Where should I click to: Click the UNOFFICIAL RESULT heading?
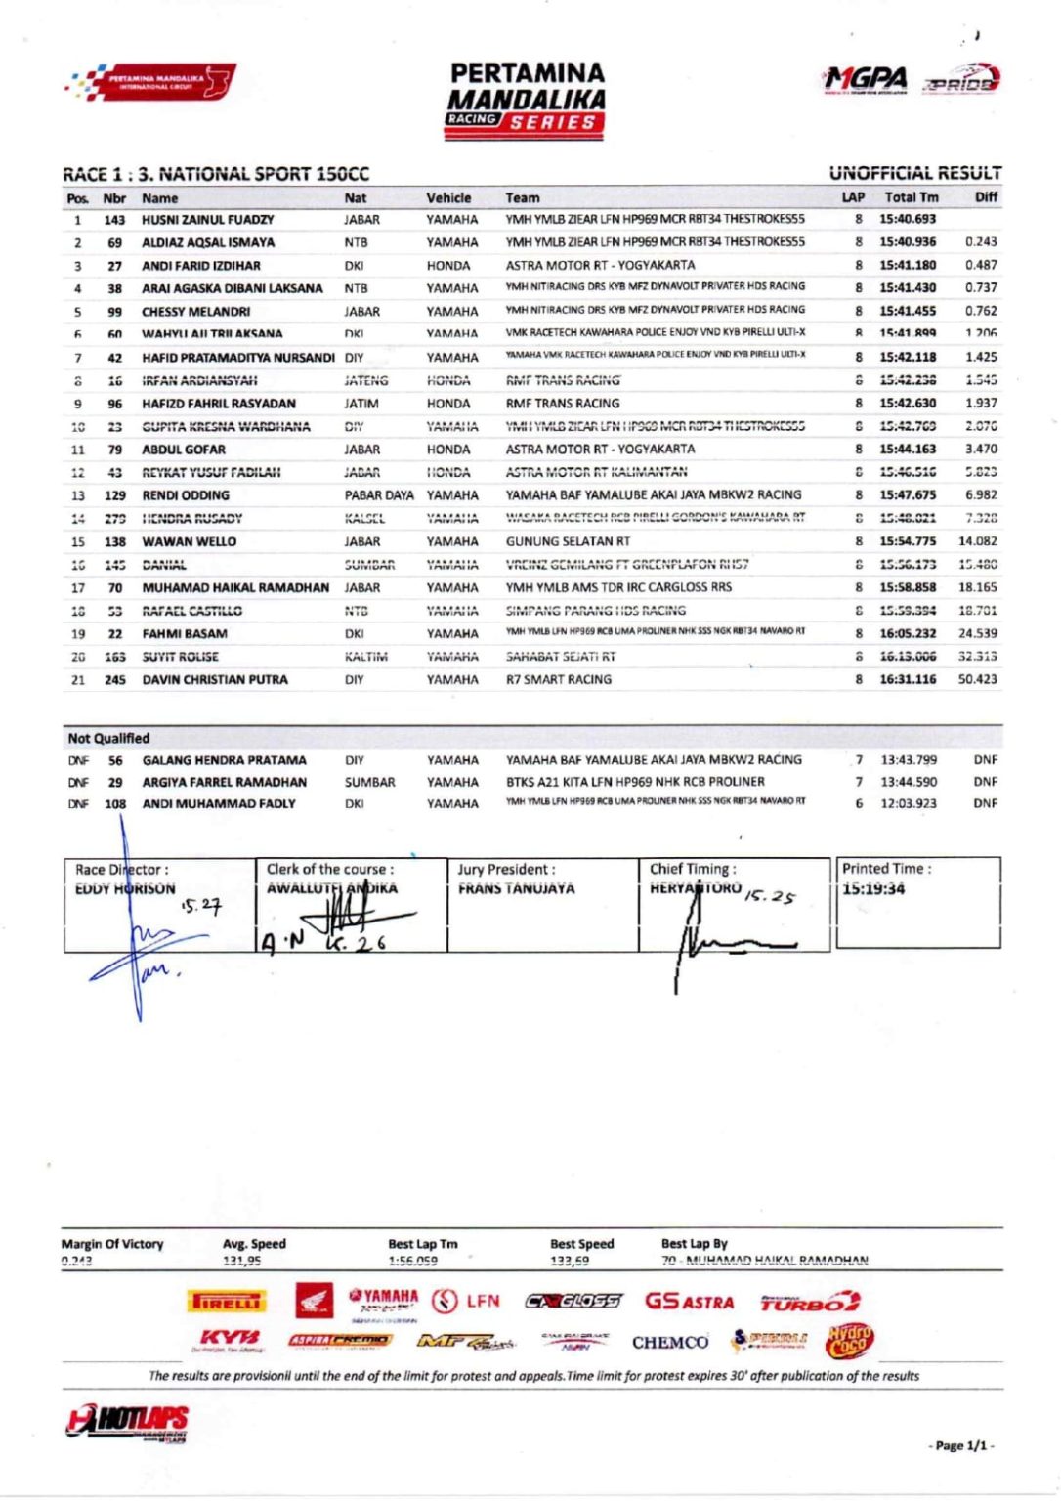tap(914, 173)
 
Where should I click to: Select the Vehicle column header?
tap(448, 197)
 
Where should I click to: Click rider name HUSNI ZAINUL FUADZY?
tap(207, 220)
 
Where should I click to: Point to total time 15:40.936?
tap(908, 242)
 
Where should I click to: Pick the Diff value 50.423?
tap(978, 679)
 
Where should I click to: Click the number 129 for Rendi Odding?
tap(115, 495)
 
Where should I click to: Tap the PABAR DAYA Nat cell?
tap(379, 495)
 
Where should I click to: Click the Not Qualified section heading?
tap(108, 738)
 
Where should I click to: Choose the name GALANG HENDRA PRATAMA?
tap(224, 760)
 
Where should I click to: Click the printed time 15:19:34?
tap(873, 889)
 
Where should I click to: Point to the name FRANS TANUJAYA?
tap(517, 889)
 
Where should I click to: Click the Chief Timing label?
tap(693, 869)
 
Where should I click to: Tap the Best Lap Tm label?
tap(422, 1244)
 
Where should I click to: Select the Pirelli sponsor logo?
tap(226, 1302)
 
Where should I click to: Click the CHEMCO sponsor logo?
tap(670, 1342)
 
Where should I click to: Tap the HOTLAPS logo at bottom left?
tap(128, 1422)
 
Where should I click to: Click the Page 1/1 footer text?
tap(961, 1445)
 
